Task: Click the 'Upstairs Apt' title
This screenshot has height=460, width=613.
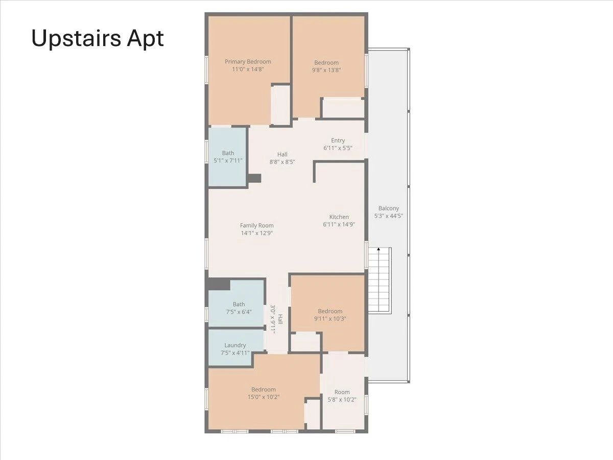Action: pos(98,39)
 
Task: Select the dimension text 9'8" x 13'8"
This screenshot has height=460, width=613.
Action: pos(326,70)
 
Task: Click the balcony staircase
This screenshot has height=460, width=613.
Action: pos(380,280)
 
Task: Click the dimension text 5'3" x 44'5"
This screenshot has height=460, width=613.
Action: pos(388,216)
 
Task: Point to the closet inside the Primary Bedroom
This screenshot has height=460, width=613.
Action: pos(280,105)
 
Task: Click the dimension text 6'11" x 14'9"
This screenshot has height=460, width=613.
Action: pos(339,224)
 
